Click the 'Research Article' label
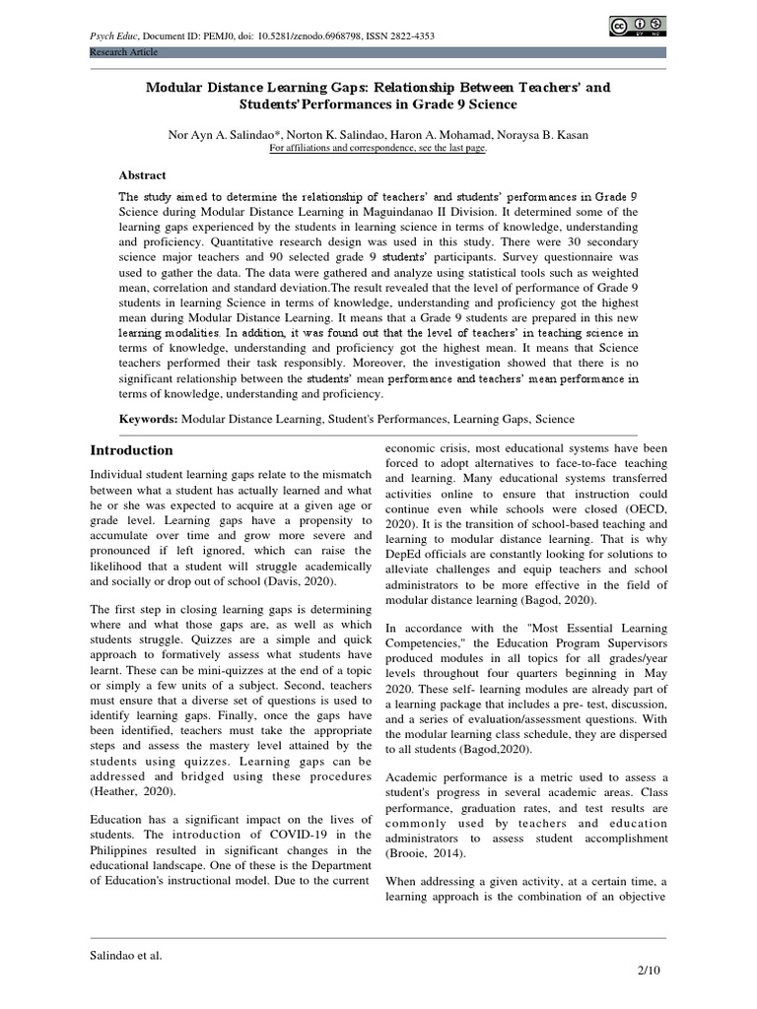(x=123, y=51)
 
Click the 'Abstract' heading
(x=143, y=175)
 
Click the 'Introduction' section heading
(x=132, y=450)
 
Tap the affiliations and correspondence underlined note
(x=378, y=148)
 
